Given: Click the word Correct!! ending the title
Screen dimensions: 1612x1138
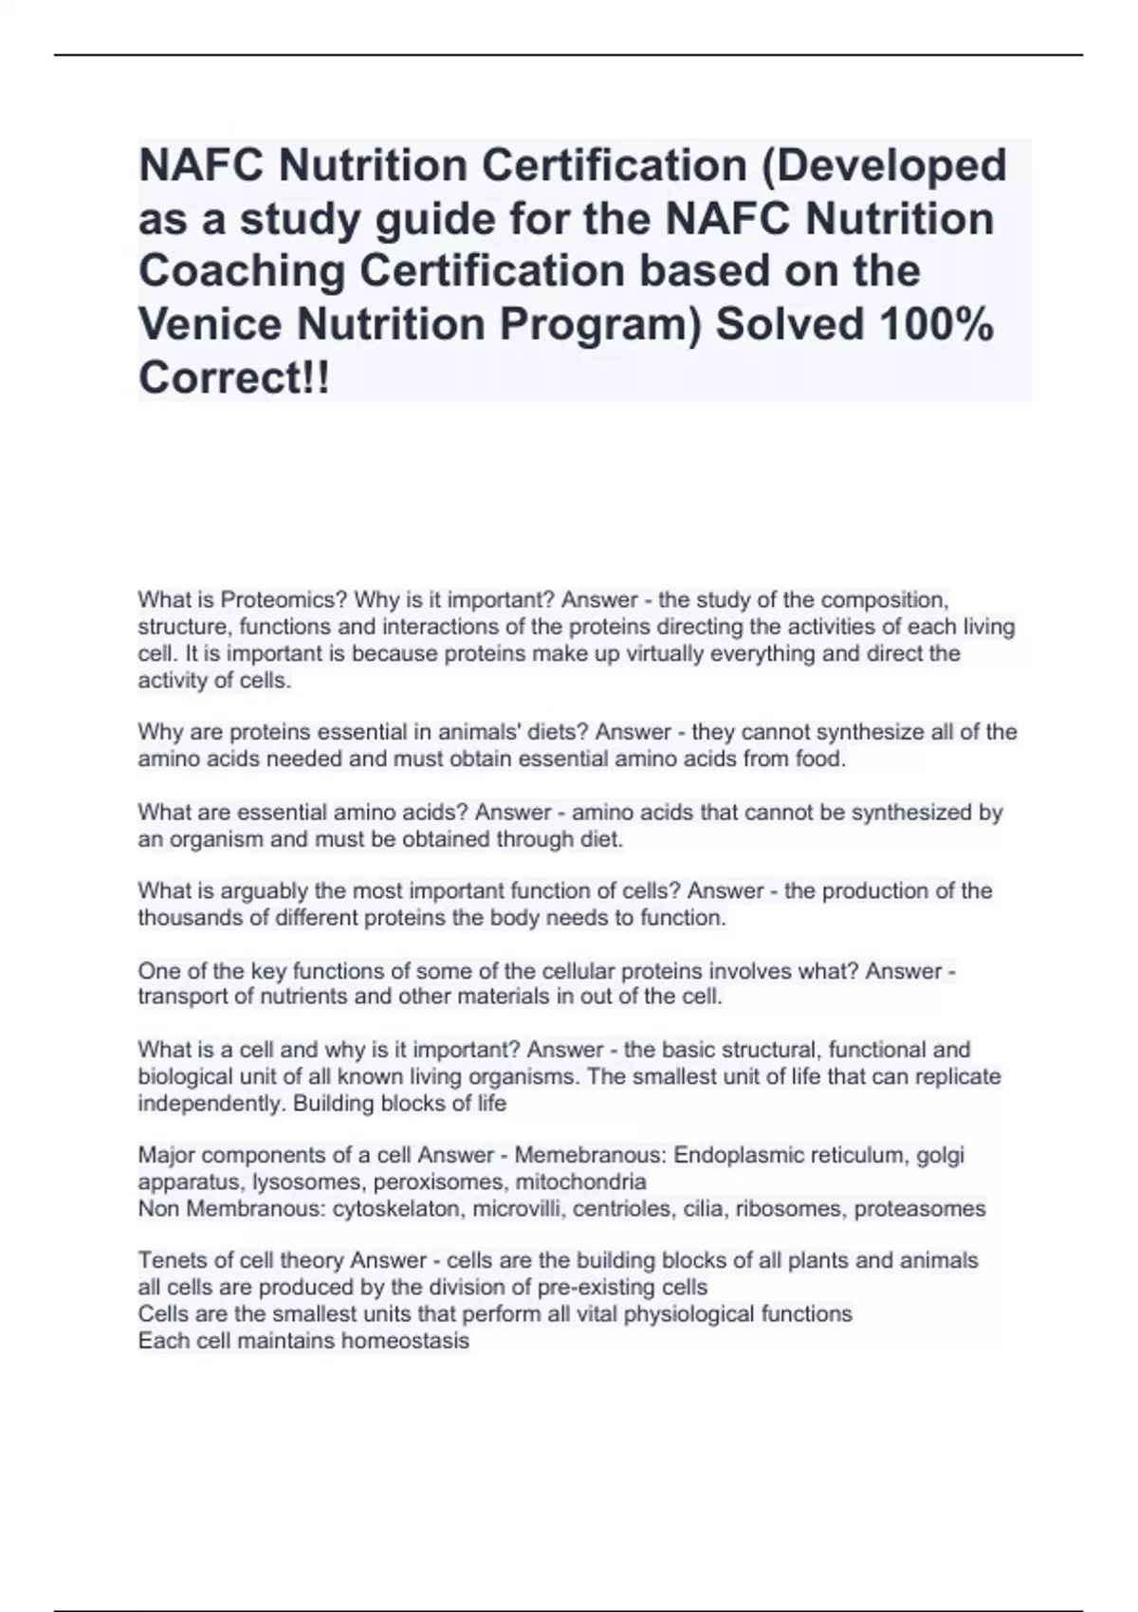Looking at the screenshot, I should point(234,378).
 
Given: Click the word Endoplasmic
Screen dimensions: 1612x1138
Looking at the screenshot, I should point(735,1156).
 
